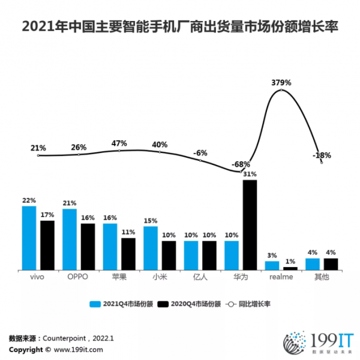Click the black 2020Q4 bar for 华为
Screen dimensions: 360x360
click(x=250, y=225)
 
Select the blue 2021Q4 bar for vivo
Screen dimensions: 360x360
click(x=29, y=238)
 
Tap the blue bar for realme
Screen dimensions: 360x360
click(x=272, y=265)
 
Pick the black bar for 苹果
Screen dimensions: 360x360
click(x=128, y=254)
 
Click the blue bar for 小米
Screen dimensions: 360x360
click(x=151, y=248)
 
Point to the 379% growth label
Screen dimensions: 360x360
click(x=281, y=82)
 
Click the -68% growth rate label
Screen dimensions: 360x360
click(x=242, y=164)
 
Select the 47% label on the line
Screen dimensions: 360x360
click(x=119, y=143)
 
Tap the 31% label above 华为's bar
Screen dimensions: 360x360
click(x=250, y=174)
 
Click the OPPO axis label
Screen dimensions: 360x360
click(x=79, y=278)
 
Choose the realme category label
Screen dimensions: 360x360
click(x=281, y=278)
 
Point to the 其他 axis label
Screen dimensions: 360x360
click(x=322, y=278)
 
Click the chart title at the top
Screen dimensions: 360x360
click(x=179, y=27)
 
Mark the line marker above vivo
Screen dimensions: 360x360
click(x=38, y=155)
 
